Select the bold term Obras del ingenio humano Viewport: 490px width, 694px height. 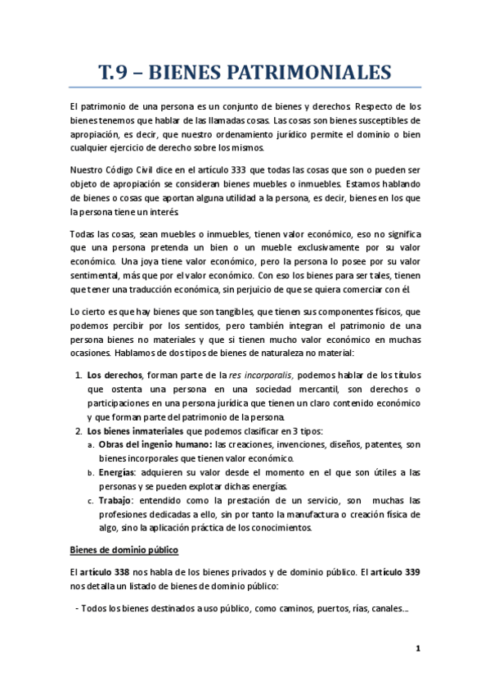tap(155, 445)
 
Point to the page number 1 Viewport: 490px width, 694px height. tap(417, 649)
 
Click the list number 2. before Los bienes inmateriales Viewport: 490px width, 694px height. tap(78, 431)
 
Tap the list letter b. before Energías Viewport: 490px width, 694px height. tap(91, 474)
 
